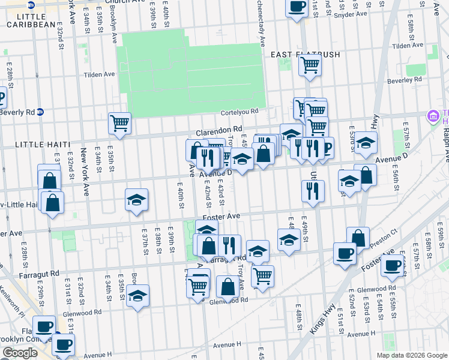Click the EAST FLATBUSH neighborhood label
coord(305,55)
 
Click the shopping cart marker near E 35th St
coord(119,124)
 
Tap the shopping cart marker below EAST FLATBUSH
coord(310,65)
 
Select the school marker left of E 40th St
coord(137,199)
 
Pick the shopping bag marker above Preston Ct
coord(358,237)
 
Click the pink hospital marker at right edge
coord(433,116)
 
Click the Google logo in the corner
coord(19,353)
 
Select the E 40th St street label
coord(181,197)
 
